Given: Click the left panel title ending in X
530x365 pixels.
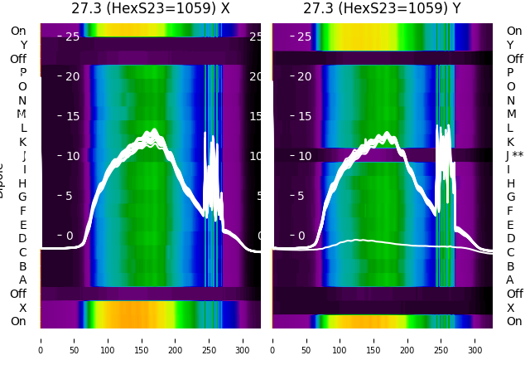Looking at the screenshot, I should tap(150, 8).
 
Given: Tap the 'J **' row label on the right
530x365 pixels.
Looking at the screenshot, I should tap(515, 156).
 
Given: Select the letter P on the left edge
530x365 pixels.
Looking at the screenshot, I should tap(22, 73).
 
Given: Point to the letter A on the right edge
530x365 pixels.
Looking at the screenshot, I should tap(510, 280).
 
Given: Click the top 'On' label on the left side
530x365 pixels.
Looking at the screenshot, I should tap(18, 32).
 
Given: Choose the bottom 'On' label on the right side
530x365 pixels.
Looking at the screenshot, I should tap(514, 322).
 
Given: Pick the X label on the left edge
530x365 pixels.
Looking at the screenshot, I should tap(22, 308).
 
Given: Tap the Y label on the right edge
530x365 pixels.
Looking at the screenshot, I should tap(510, 45).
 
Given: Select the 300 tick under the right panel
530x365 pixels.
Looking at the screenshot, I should tap(475, 339).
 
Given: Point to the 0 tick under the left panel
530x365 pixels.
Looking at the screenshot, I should tap(41, 339).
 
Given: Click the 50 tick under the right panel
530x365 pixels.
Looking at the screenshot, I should tap(306, 339).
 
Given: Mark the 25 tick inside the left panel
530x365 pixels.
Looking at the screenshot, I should tap(73, 36).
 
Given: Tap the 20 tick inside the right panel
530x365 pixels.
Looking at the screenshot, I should tap(305, 76).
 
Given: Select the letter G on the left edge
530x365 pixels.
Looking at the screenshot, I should tap(22, 197).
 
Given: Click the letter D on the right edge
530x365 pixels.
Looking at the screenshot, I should tap(510, 239).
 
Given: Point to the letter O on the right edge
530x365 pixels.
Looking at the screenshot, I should tap(510, 86).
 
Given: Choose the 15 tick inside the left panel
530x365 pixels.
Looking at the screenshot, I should tap(73, 116).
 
